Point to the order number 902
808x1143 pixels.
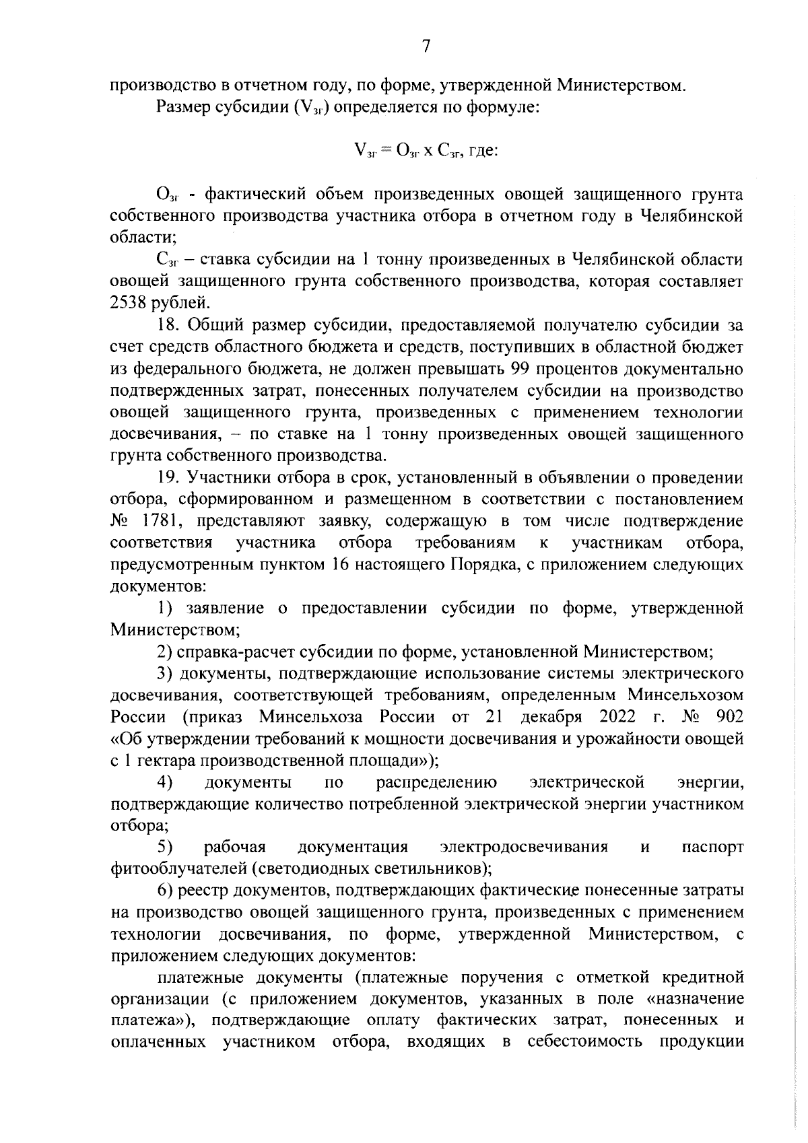click(x=730, y=716)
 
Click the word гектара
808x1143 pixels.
click(x=160, y=761)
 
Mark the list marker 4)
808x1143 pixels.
click(x=166, y=782)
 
